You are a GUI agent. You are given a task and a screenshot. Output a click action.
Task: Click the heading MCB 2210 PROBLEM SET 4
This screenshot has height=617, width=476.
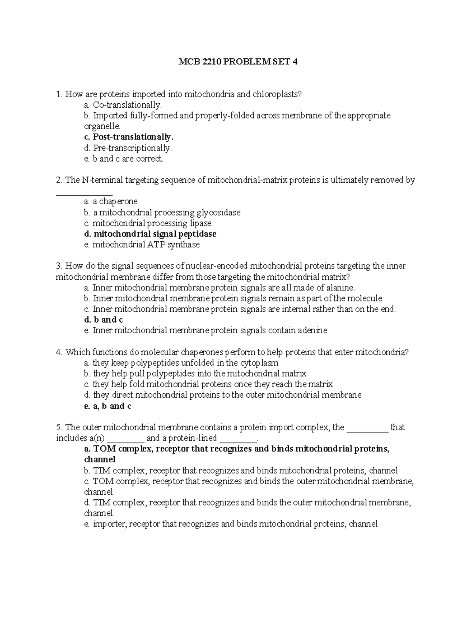(x=238, y=62)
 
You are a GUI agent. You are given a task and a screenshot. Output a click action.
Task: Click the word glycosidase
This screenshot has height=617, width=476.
(x=219, y=213)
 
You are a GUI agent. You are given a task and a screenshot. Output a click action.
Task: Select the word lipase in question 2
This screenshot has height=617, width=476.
(x=200, y=223)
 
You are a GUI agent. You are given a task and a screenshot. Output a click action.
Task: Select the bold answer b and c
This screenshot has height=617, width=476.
(x=104, y=320)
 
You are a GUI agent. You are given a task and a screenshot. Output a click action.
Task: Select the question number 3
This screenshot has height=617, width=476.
(x=59, y=266)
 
